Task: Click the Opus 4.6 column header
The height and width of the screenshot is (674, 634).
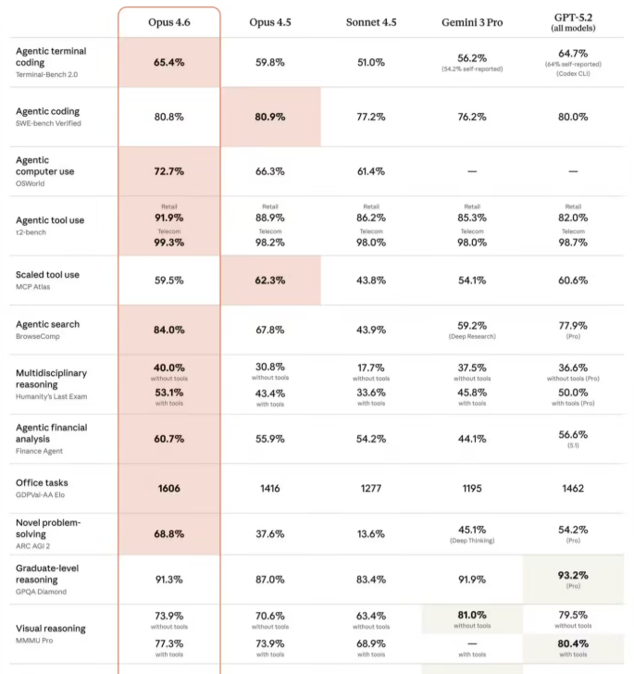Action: [168, 21]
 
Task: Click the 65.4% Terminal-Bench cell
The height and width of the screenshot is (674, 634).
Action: [168, 63]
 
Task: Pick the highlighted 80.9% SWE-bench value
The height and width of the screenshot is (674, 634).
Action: [269, 118]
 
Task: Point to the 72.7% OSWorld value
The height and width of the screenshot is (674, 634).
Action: [168, 172]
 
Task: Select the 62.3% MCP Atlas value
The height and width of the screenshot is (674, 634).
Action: [269, 281]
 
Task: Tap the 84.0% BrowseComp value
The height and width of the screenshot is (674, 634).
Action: [168, 330]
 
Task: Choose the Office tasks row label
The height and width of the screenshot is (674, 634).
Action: [42, 483]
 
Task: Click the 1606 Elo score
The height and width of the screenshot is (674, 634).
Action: [168, 488]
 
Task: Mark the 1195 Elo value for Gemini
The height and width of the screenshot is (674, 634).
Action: [471, 488]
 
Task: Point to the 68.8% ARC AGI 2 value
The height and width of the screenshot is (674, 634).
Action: [168, 535]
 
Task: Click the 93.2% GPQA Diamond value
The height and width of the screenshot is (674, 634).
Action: [573, 575]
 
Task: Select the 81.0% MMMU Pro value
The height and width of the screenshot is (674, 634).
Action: [471, 614]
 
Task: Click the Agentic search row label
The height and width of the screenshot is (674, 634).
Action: [47, 324]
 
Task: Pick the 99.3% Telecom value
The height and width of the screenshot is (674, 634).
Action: [168, 243]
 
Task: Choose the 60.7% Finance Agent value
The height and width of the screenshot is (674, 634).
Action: [168, 438]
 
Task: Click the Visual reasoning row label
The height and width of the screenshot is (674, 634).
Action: [50, 629]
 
